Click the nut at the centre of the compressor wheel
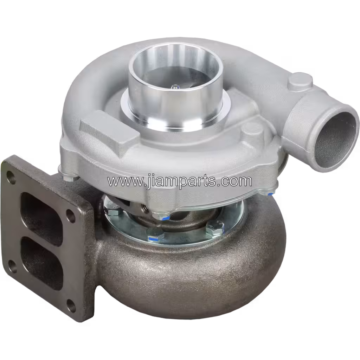[175, 86]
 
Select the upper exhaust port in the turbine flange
[42, 219]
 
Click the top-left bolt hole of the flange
[9, 174]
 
